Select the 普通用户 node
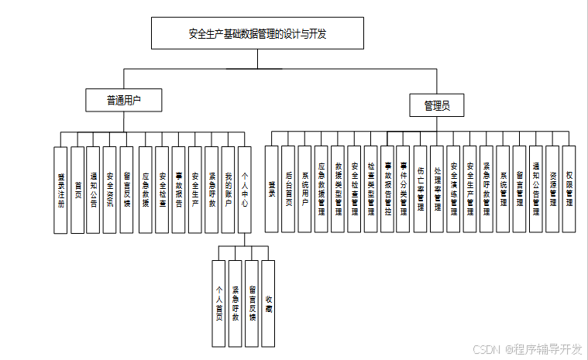pos(124,100)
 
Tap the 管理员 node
pos(437,105)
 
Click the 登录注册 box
pos(60,190)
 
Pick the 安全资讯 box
pos(110,190)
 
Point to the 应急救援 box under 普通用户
pos(146,190)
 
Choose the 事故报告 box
pos(179,190)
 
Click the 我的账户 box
pos(229,190)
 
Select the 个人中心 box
pos(245,190)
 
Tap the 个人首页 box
pos(219,292)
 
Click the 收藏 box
pos(269,292)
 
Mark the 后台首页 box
pos(288,189)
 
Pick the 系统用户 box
pos(304,189)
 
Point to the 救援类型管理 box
pos(338,189)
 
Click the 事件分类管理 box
pos(404,189)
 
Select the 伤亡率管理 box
pos(420,189)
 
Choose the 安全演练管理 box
pos(453,189)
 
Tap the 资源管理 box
pos(552,189)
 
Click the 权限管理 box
pos(569,189)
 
